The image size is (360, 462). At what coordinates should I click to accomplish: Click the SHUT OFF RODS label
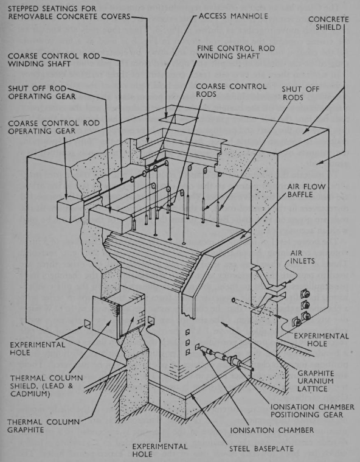click(x=299, y=93)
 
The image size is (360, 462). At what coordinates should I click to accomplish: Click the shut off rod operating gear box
click(x=111, y=216)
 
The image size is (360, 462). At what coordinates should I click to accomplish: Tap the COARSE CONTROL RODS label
click(x=230, y=91)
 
